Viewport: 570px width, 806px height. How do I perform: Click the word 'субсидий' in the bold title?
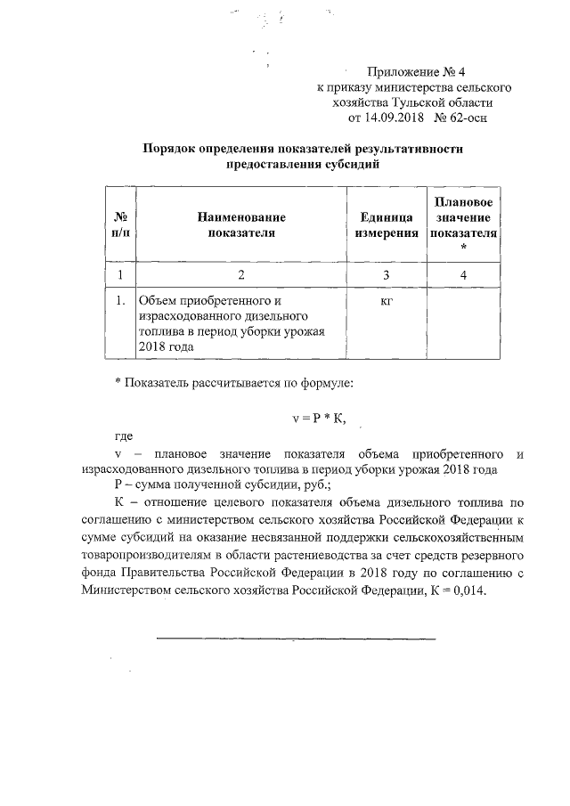355,164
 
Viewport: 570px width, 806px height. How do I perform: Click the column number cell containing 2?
236,275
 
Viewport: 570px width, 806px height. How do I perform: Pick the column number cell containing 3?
386,275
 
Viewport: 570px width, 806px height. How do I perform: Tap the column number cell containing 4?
463,275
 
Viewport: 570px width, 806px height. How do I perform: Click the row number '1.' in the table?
118,301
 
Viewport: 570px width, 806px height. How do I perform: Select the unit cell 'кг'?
386,301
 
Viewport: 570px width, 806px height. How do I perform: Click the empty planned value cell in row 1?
463,324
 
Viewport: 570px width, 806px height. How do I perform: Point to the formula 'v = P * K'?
319,418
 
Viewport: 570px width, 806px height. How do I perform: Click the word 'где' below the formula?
124,437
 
